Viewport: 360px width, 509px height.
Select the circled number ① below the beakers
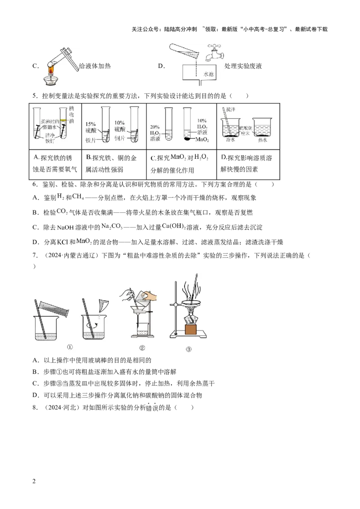[x=70, y=347]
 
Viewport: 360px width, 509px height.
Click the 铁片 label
[x=92, y=140]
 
